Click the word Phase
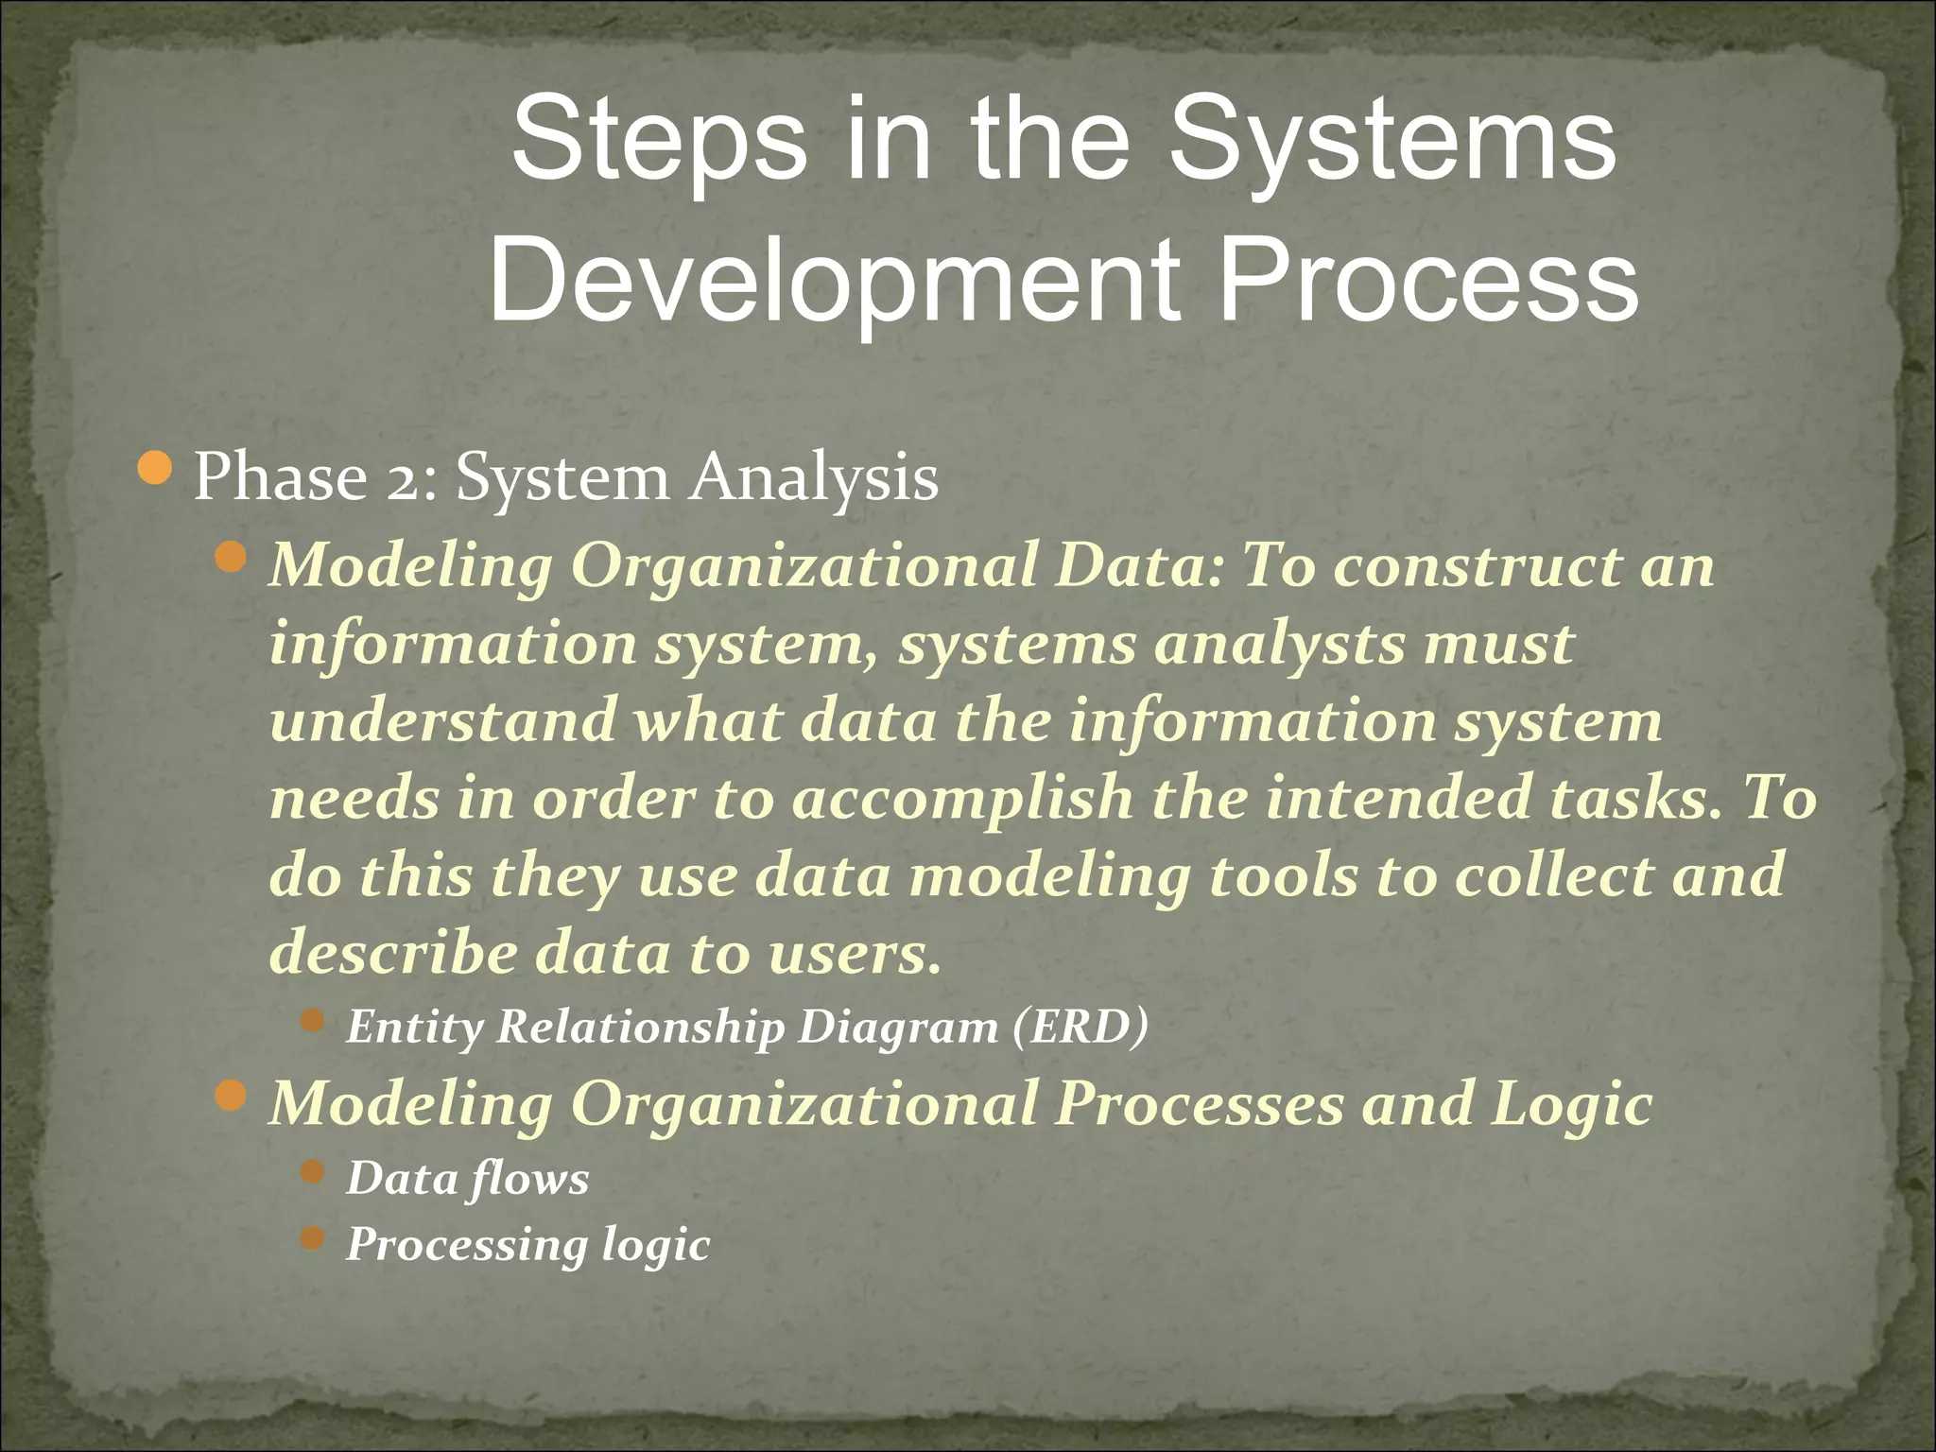tap(280, 477)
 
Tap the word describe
tap(393, 952)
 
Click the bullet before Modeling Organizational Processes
tap(231, 1097)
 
